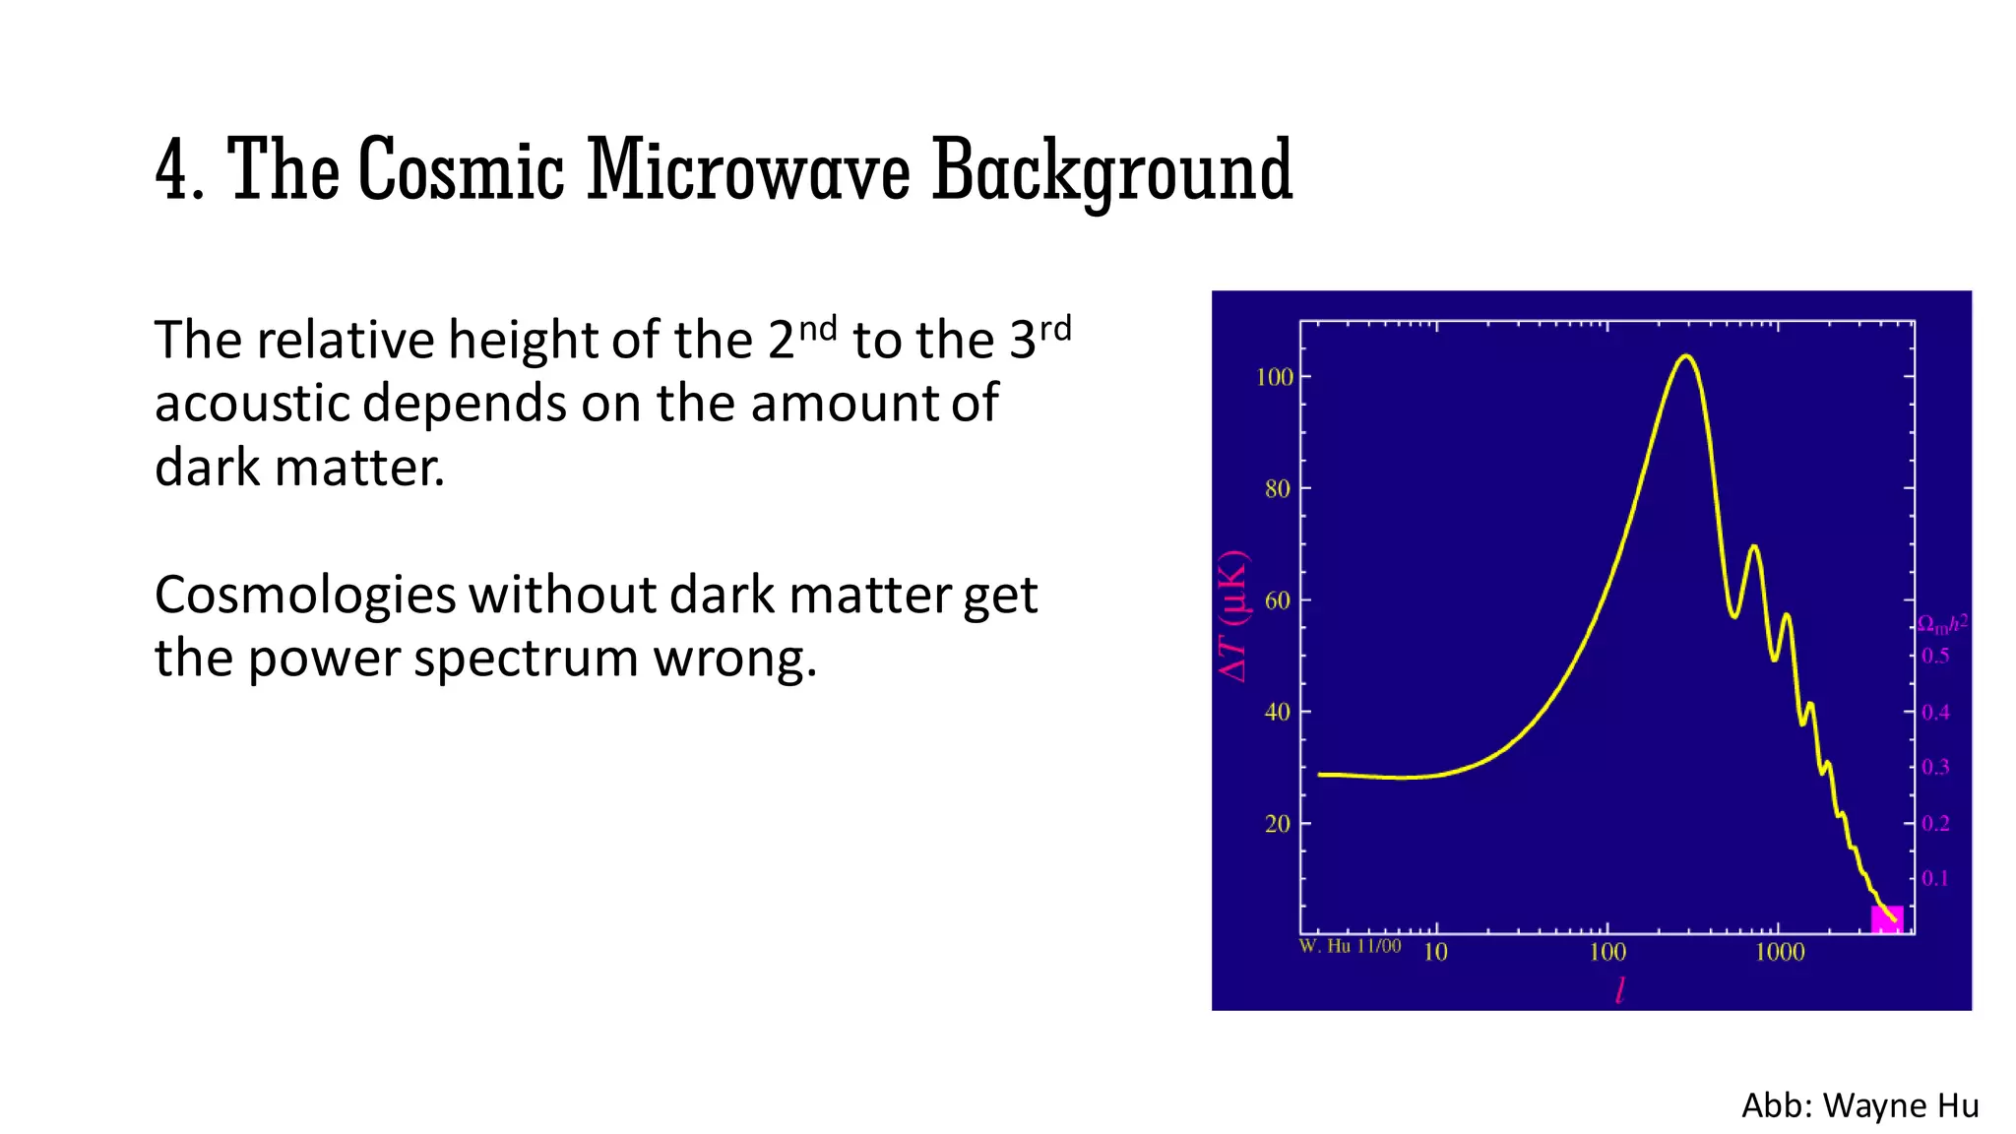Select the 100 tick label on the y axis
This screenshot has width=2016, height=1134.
click(1275, 377)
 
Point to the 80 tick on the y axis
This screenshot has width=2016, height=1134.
click(1278, 488)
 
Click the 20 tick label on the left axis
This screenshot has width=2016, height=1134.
click(1278, 824)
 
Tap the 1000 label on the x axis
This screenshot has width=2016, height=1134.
click(1780, 952)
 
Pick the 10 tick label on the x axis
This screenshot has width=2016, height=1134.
click(1436, 952)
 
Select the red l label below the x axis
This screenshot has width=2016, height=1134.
click(1619, 990)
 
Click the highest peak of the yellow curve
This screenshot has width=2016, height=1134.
click(1686, 356)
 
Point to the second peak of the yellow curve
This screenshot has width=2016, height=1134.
click(1753, 546)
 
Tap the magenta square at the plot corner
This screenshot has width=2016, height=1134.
click(1886, 919)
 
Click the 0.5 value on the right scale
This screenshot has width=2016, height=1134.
click(1935, 656)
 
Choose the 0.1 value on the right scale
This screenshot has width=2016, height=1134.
click(1935, 878)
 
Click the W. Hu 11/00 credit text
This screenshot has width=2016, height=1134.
click(1350, 946)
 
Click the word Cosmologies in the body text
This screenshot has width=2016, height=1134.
click(305, 596)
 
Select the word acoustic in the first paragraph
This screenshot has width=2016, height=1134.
click(252, 404)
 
